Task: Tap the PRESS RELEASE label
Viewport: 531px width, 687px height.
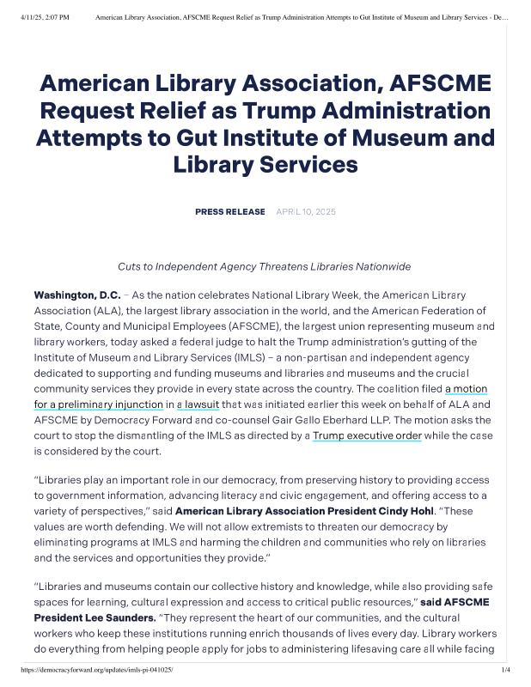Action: point(229,211)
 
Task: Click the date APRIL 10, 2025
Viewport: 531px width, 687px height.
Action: point(306,211)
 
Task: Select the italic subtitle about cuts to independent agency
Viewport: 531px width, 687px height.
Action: point(265,266)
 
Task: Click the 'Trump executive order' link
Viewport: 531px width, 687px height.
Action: point(367,435)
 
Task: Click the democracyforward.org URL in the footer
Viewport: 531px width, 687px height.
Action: point(95,670)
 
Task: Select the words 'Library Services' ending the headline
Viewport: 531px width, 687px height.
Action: point(265,164)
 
